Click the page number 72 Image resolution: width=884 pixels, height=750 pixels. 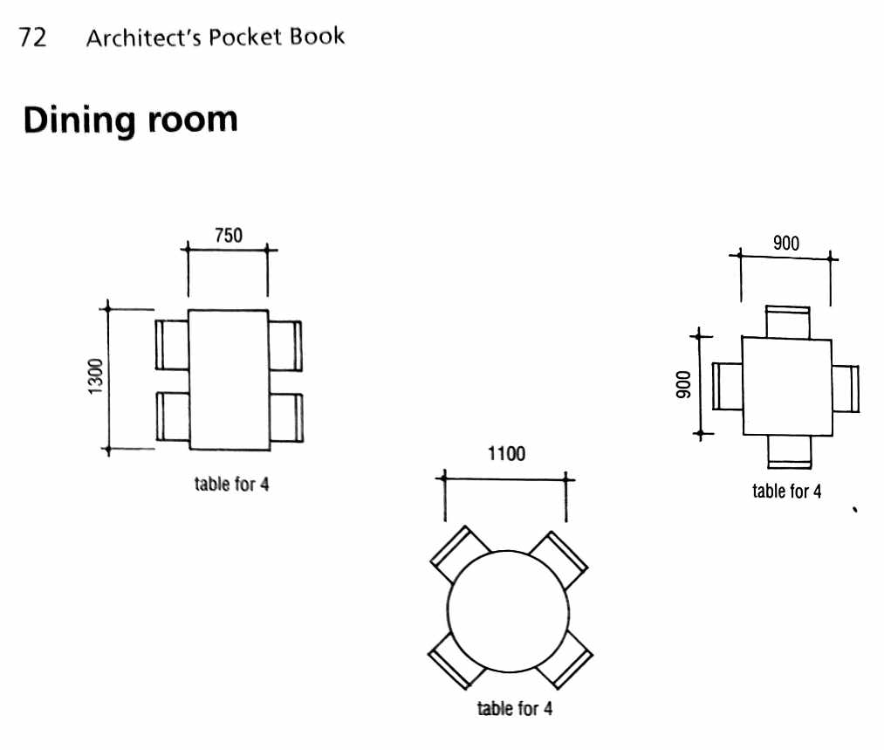(32, 38)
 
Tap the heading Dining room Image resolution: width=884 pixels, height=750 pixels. (130, 120)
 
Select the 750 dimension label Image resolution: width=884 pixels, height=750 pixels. (229, 235)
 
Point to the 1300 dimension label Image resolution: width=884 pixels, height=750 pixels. (96, 376)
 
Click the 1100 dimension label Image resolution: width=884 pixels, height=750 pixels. (506, 454)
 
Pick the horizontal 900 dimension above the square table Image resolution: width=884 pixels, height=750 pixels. (785, 244)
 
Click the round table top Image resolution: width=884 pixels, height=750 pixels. (507, 611)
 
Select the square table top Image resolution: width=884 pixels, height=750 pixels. (785, 386)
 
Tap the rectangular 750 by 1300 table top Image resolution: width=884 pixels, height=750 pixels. (229, 380)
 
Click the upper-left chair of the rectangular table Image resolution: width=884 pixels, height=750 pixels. (173, 345)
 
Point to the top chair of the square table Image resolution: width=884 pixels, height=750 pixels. (787, 321)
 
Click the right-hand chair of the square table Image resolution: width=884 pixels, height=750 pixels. (846, 388)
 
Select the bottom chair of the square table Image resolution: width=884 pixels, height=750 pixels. (790, 451)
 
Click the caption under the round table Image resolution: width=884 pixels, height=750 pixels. (515, 708)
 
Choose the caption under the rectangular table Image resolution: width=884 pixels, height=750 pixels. (231, 484)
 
